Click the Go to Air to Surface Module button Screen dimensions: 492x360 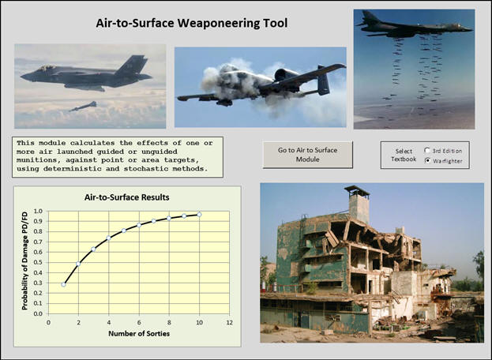tap(307, 155)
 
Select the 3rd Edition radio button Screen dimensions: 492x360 tap(427, 151)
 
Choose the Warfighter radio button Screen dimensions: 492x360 tap(427, 160)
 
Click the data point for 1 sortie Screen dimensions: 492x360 tap(63, 284)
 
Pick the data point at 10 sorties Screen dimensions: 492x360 tap(199, 215)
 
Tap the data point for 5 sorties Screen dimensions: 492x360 tap(124, 231)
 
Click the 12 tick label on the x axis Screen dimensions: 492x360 tap(230, 322)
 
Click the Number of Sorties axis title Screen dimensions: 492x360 tap(139, 333)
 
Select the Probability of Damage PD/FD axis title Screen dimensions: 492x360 tap(24, 261)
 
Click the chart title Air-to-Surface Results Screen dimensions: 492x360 tap(127, 197)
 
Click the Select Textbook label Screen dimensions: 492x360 tap(404, 155)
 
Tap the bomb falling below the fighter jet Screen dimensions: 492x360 tap(83, 107)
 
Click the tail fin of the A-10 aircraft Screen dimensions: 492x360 tap(323, 80)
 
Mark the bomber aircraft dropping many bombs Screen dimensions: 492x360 tap(414, 26)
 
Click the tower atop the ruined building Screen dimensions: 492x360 tap(358, 204)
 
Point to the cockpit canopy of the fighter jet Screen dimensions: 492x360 tap(47, 67)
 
